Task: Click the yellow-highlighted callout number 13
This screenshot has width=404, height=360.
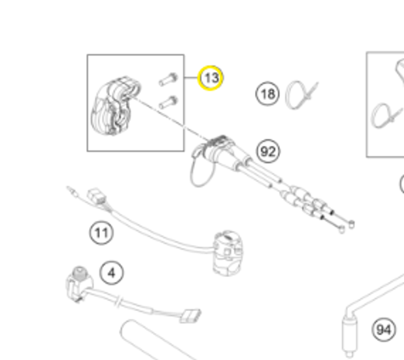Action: [x=210, y=78]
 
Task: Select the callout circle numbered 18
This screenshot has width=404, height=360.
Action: [x=267, y=94]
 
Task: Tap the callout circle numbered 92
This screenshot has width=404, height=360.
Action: [x=268, y=152]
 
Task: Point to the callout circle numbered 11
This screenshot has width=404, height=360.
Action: [x=101, y=233]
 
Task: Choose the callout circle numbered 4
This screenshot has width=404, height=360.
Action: [x=112, y=274]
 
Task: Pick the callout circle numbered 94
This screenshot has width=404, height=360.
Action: [x=383, y=330]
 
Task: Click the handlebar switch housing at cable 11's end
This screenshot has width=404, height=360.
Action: [x=228, y=252]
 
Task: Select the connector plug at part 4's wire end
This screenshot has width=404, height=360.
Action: [x=190, y=315]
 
